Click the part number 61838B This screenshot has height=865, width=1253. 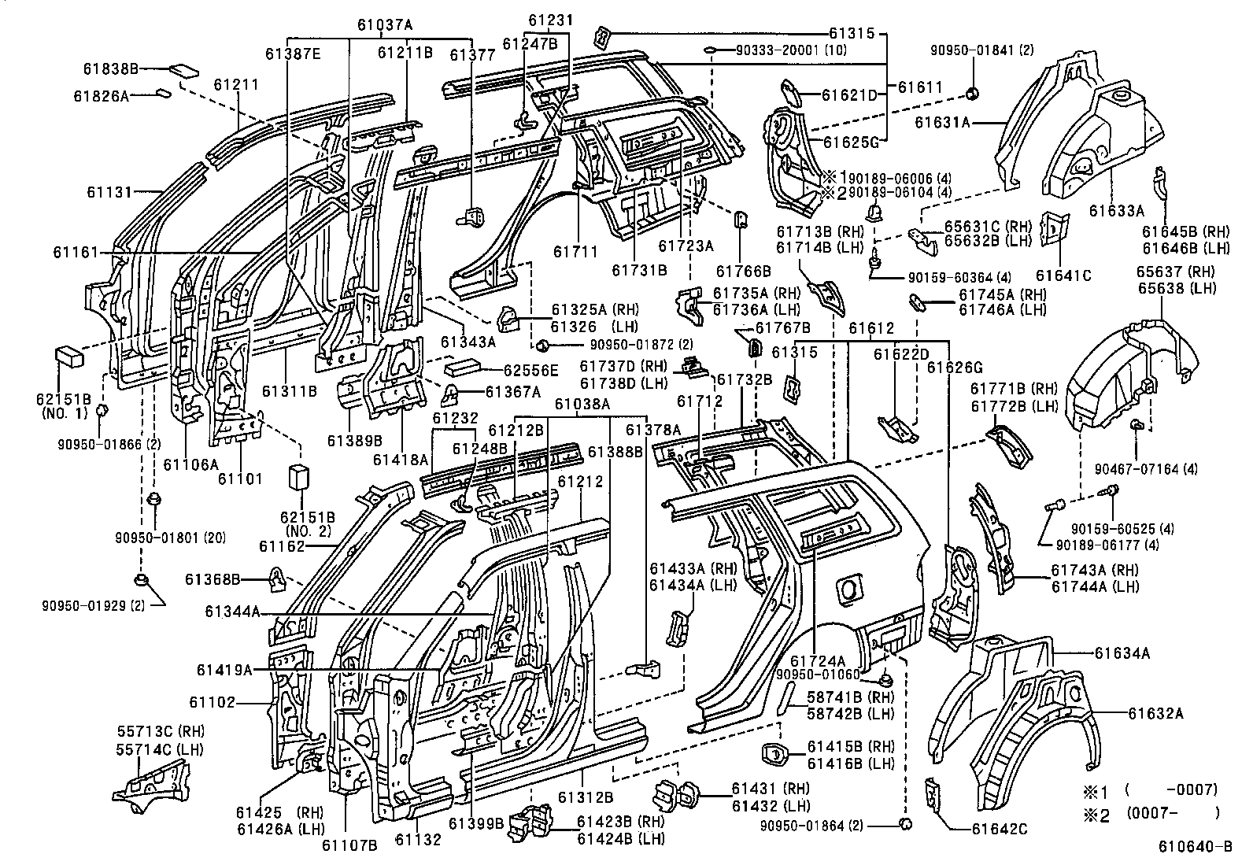point(110,69)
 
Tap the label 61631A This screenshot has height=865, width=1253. point(941,122)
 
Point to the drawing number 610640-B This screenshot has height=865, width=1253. point(1194,847)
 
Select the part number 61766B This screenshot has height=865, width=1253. point(744,272)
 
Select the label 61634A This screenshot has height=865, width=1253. point(1122,652)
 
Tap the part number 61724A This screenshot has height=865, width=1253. point(817,661)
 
